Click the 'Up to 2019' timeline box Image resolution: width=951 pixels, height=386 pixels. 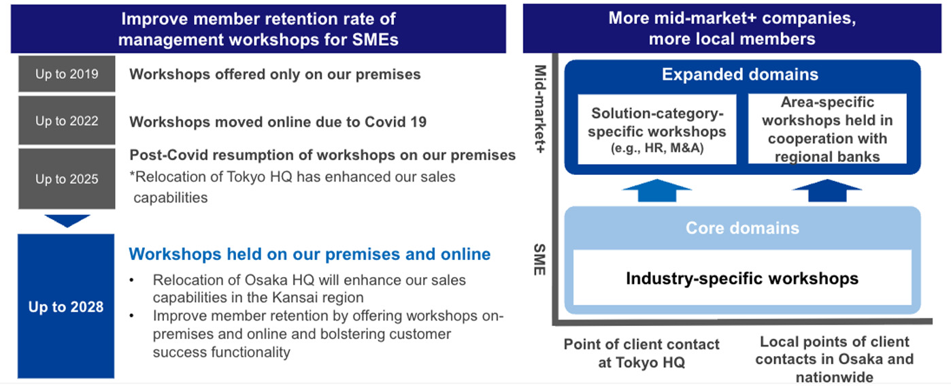(x=67, y=74)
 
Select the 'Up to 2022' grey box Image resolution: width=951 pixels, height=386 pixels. (x=67, y=121)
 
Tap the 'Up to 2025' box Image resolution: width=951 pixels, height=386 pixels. (x=67, y=179)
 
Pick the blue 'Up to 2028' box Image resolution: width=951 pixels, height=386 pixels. (x=67, y=306)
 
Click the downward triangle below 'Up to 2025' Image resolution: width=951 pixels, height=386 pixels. (x=67, y=221)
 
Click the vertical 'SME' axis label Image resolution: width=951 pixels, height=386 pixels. (x=539, y=259)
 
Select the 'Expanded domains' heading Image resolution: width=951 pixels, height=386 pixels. (x=740, y=74)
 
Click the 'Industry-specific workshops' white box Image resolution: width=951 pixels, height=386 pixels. (x=742, y=278)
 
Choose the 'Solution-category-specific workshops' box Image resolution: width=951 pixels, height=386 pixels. (x=656, y=129)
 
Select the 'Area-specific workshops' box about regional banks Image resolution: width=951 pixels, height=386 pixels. (x=827, y=129)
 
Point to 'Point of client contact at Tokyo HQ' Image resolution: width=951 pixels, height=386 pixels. (x=641, y=353)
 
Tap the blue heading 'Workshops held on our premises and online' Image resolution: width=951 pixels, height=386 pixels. (x=310, y=255)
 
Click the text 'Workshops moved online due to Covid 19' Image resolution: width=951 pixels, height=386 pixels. (x=278, y=123)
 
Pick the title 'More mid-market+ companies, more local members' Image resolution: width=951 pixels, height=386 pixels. (x=732, y=28)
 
